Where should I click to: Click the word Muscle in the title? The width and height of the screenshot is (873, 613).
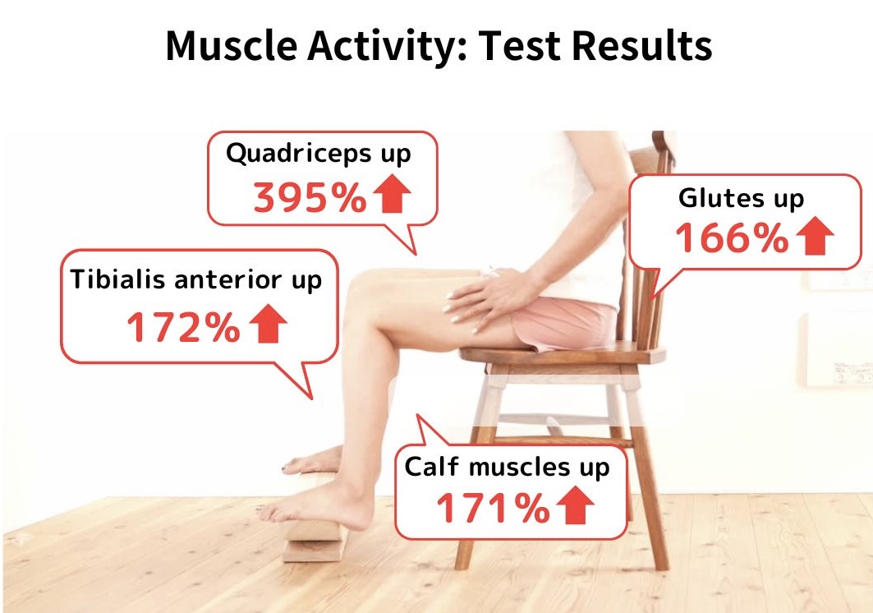coord(231,45)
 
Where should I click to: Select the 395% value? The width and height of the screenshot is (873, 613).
coord(310,198)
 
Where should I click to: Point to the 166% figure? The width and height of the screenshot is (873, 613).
coord(732,238)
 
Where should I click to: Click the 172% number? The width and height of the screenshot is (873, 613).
coord(184,327)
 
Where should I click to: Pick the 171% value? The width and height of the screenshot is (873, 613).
coord(494,509)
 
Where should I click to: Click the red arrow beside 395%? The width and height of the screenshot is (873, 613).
coord(392,193)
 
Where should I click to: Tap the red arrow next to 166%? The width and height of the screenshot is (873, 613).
coord(815,235)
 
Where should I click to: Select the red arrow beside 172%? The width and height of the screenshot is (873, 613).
coord(268,323)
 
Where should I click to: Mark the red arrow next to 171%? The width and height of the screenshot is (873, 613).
coord(575,505)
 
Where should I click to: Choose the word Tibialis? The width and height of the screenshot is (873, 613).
coord(119,279)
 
